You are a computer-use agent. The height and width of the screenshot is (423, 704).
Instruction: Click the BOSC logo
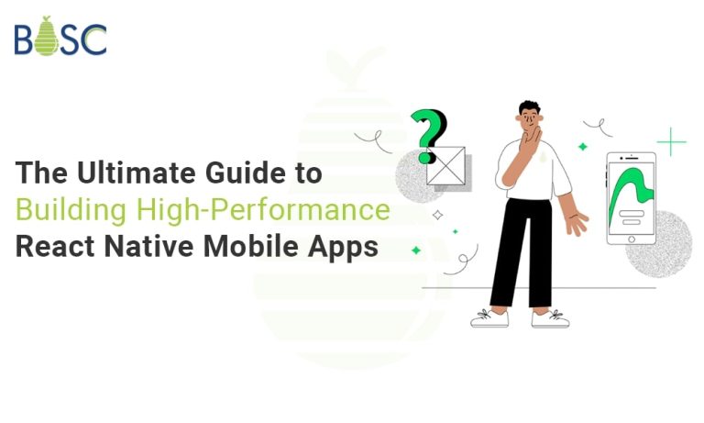60,38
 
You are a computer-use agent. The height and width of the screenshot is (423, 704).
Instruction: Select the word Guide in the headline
220,172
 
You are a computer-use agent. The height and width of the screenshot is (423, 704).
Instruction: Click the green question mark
428,132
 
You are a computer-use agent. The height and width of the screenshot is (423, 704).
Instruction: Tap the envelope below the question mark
447,168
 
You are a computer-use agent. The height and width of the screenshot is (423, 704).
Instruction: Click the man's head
530,114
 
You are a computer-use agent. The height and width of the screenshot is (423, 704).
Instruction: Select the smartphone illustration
630,198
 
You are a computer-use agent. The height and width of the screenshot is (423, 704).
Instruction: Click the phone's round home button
630,237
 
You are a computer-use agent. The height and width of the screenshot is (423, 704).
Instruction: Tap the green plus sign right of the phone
671,142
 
